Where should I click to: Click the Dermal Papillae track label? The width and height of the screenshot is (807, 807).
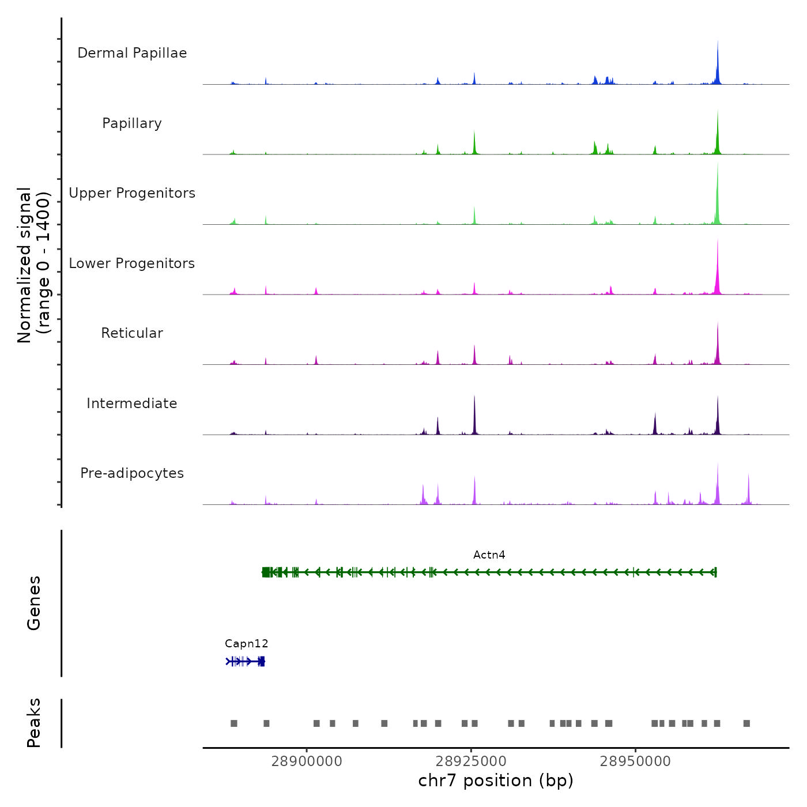pos(132,53)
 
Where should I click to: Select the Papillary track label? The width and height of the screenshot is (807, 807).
pos(132,123)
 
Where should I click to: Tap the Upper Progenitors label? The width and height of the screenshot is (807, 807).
pos(132,193)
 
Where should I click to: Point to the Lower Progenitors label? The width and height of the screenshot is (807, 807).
pos(132,263)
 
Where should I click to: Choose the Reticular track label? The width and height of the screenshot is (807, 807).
pos(132,333)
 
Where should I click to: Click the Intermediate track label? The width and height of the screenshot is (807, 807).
pos(132,403)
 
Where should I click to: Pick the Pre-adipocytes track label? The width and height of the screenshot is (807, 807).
pos(132,473)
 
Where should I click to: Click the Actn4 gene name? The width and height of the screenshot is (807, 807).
pos(489,555)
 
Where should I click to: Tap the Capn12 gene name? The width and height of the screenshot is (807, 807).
pos(246,643)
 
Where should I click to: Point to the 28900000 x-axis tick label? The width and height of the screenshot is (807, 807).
pos(307,761)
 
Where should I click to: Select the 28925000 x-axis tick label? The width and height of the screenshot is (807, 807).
pos(471,761)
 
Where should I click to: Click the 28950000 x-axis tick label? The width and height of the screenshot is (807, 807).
pos(635,761)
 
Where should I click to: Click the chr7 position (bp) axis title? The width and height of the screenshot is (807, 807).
pos(496,780)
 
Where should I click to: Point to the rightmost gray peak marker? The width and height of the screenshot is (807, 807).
pos(746,723)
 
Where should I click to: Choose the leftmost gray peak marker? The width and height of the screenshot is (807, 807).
pos(233,723)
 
